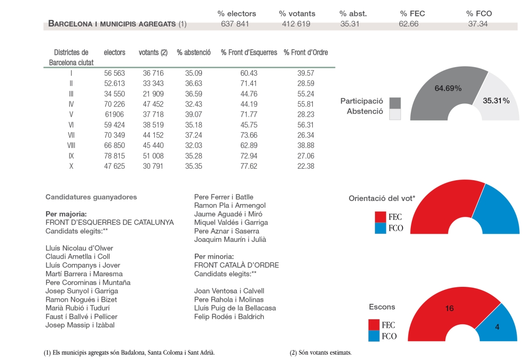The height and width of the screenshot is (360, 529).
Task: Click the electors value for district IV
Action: pyautogui.click(x=115, y=104)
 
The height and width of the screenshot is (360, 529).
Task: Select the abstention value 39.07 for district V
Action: pyautogui.click(x=194, y=115)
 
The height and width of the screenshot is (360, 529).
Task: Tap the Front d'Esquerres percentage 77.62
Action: pyautogui.click(x=249, y=166)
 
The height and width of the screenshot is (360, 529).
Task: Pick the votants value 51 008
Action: pyautogui.click(x=153, y=156)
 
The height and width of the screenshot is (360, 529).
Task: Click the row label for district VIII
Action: pyautogui.click(x=71, y=145)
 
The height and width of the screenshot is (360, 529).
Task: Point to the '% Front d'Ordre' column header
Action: pyautogui.click(x=305, y=52)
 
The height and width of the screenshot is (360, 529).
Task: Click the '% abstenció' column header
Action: pyautogui.click(x=194, y=52)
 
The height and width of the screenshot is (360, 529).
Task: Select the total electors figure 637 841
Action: pyautogui.click(x=235, y=24)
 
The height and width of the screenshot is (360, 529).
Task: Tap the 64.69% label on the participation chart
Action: pyautogui.click(x=448, y=88)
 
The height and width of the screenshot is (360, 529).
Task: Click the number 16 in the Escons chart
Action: pyautogui.click(x=449, y=308)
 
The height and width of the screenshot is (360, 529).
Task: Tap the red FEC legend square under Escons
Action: pyautogui.click(x=374, y=325)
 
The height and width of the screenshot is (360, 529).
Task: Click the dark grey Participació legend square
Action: pyautogui.click(x=395, y=103)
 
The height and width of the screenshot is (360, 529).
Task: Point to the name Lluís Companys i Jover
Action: pyautogui.click(x=83, y=265)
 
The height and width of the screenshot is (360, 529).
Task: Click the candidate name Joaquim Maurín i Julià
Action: pyautogui.click(x=230, y=240)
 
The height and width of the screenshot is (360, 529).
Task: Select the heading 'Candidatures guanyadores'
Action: pyautogui.click(x=91, y=197)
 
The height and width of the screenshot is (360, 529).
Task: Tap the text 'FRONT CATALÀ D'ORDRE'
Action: pyautogui.click(x=236, y=265)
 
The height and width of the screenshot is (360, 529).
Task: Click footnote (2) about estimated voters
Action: pyautogui.click(x=321, y=353)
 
